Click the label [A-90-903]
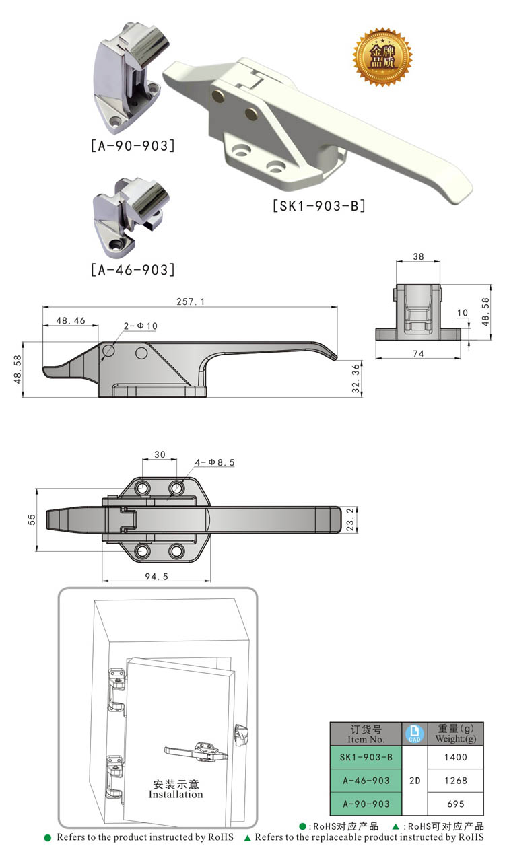click(132, 145)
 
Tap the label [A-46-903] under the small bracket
click(132, 270)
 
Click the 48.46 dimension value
click(70, 321)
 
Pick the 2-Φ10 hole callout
click(141, 326)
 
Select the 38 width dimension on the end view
click(417, 256)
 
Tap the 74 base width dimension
click(417, 354)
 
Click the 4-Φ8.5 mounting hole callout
click(215, 462)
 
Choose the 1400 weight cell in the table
click(456, 757)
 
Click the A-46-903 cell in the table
click(366, 781)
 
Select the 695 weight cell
click(456, 804)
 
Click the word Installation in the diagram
click(176, 795)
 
